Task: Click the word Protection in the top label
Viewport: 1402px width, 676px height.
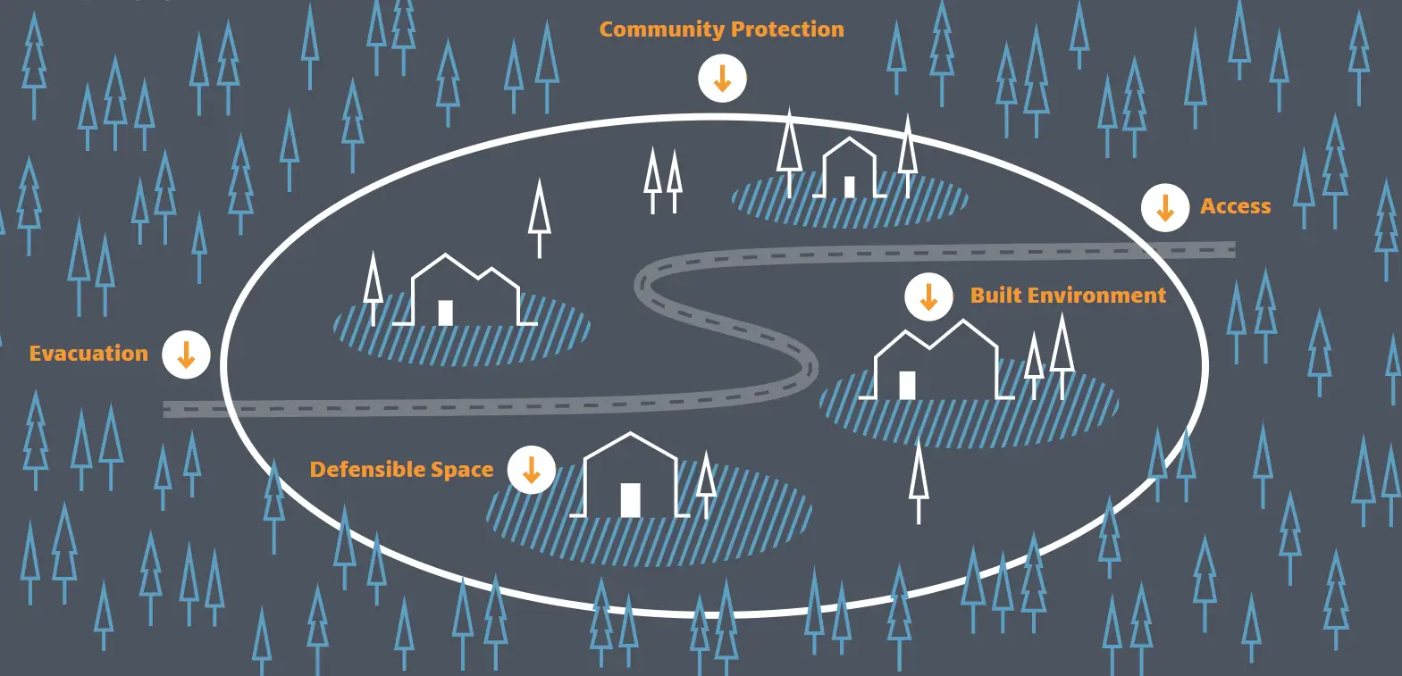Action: pos(786,29)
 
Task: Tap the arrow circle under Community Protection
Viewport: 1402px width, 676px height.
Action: pos(722,78)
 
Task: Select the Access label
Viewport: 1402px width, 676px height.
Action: pos(1235,206)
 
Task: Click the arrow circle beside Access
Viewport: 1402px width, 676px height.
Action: pos(1165,207)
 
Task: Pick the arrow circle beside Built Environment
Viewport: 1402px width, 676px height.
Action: pos(928,296)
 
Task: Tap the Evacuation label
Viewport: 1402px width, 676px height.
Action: pos(88,354)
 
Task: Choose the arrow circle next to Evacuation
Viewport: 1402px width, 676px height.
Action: pos(186,355)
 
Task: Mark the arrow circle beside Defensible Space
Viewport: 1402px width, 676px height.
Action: pos(532,469)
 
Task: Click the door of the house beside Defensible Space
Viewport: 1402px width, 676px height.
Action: pos(630,500)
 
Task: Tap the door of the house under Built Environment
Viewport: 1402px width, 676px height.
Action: pos(907,385)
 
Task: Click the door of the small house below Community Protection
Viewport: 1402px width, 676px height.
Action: pos(849,187)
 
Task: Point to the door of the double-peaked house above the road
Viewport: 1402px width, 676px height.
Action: pos(445,313)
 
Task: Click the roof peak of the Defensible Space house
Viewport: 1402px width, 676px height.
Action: pos(631,435)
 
